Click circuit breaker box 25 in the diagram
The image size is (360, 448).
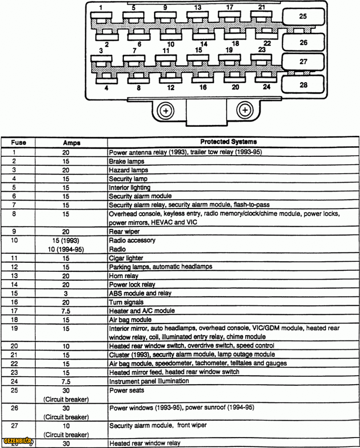[x=303, y=16]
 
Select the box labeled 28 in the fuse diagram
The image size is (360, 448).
[x=303, y=85]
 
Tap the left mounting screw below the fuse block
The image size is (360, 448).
[x=166, y=110]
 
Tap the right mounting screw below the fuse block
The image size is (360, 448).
[x=245, y=110]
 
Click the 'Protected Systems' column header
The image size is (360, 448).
[x=228, y=142]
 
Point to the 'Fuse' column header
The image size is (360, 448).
[x=18, y=142]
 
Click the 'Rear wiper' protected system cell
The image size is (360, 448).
[x=124, y=231]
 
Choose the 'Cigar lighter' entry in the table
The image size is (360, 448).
[x=126, y=258]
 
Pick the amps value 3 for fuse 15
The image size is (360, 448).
[x=66, y=293]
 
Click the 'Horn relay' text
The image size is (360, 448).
[x=123, y=276]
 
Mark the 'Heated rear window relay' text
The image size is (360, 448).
[x=144, y=443]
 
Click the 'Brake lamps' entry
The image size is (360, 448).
[x=126, y=161]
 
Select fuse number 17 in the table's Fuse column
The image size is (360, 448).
[x=14, y=311]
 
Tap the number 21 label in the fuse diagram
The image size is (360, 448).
[x=262, y=7]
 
